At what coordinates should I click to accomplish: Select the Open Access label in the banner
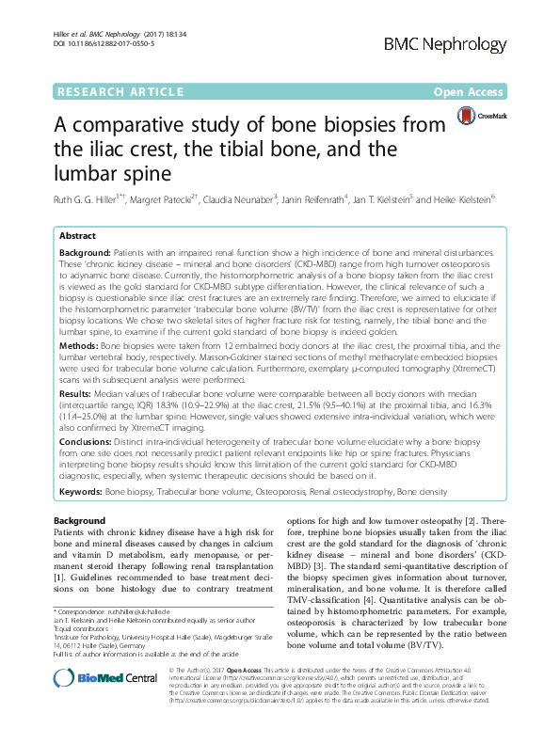coord(470,92)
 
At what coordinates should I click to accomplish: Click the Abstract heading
coord(79,235)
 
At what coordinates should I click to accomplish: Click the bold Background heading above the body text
coord(80,520)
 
